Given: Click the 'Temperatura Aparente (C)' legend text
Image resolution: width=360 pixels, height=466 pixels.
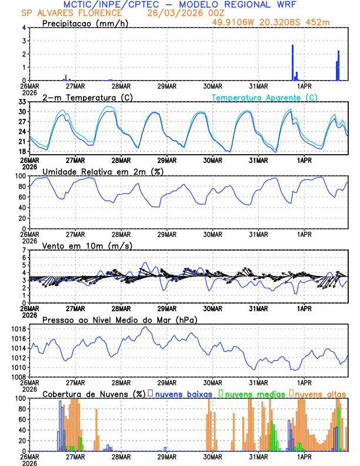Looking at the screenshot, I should coord(264,97).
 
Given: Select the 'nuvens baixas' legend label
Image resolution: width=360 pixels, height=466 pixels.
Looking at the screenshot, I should coord(183,393).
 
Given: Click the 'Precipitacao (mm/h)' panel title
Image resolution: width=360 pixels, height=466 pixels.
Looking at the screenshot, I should coord(85,23).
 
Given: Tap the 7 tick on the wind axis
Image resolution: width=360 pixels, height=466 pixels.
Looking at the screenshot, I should coord(24,250).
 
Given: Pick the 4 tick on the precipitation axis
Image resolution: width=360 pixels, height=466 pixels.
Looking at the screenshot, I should coord(24,28).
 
